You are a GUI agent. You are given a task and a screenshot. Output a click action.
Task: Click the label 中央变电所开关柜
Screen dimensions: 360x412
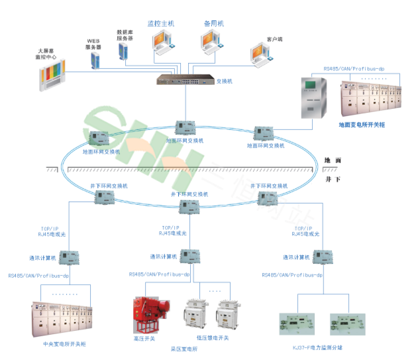(x=64, y=344)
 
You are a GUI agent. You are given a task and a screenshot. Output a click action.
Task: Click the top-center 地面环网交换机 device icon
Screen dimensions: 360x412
(x=184, y=128)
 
